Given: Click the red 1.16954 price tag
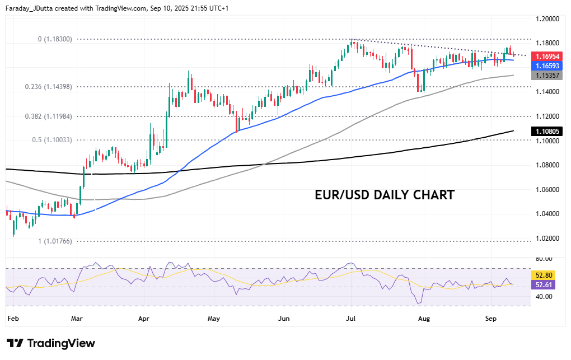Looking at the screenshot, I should [x=546, y=57].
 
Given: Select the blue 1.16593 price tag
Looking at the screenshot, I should [x=546, y=66].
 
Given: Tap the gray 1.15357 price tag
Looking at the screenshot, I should [x=546, y=75].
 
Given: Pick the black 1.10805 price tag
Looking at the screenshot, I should [x=546, y=131].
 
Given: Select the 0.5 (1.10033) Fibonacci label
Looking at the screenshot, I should [x=52, y=140].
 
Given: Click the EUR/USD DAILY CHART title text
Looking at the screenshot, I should [x=385, y=195].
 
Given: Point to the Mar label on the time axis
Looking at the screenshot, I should [x=77, y=319].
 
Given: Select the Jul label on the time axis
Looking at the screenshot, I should [x=351, y=319].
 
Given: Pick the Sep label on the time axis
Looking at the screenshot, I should [x=491, y=319].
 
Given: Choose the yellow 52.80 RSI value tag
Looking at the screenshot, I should [x=544, y=275].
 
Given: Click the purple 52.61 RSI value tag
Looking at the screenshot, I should [x=544, y=285].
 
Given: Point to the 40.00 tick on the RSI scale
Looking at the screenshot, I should [x=542, y=297].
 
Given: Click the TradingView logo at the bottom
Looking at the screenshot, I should [x=51, y=343].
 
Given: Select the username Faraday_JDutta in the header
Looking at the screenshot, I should [x=36, y=8].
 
